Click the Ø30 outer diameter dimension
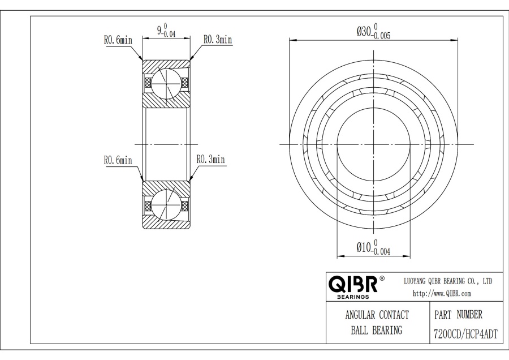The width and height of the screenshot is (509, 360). [373, 32]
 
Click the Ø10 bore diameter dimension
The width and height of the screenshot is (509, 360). [373, 247]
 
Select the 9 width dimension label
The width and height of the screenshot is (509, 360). [166, 31]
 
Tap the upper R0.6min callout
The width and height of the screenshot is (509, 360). [118, 40]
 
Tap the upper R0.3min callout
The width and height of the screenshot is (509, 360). [218, 39]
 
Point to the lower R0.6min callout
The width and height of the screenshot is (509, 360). [118, 160]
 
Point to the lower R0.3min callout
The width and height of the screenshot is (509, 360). [211, 159]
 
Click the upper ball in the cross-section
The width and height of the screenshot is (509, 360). [166, 84]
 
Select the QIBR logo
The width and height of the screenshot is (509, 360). [353, 286]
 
